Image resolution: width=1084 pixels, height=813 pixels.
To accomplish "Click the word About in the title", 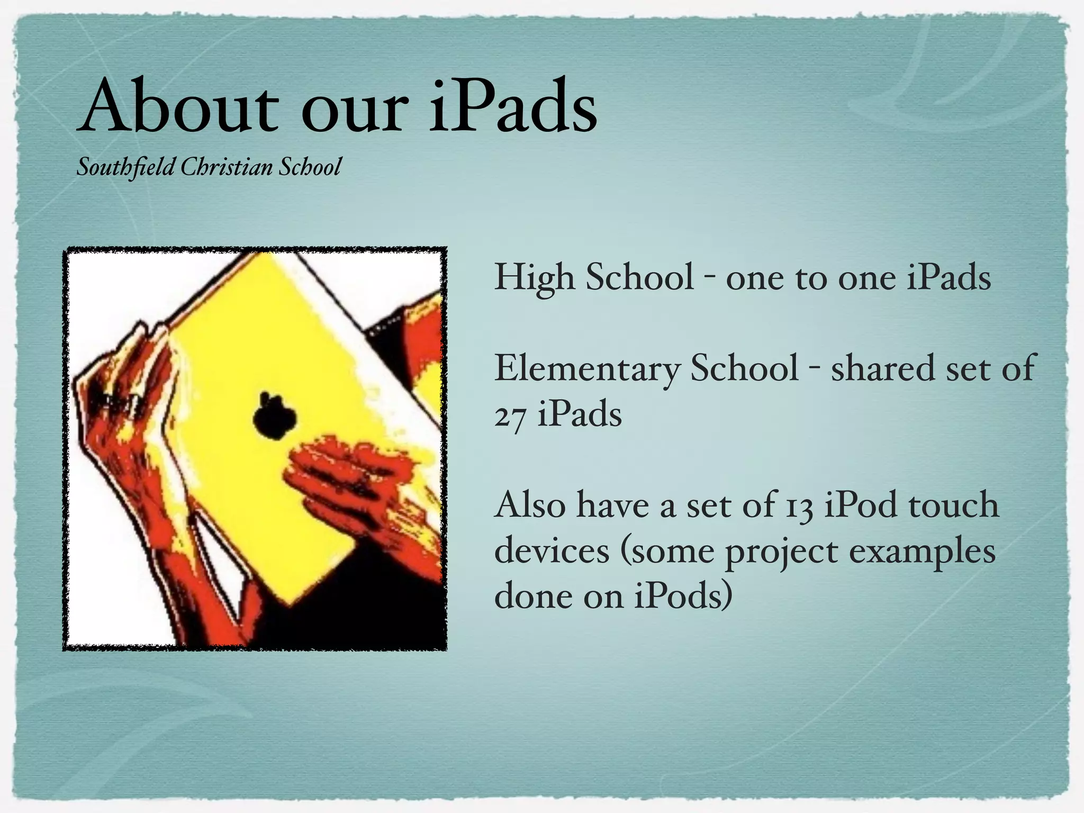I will [x=177, y=107].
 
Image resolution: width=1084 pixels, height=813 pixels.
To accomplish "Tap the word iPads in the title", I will [x=512, y=107].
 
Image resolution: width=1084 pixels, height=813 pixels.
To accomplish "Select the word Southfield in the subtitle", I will [x=126, y=168].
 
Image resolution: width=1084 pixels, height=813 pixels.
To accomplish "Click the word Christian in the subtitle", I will [x=227, y=168].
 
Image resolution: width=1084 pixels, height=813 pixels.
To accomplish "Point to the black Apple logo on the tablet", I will [x=273, y=416].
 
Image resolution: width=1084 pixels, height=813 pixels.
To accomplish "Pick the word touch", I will [x=953, y=505].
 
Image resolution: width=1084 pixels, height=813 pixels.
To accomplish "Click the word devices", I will [x=552, y=552].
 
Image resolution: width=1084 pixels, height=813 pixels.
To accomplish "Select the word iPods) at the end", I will [x=683, y=597].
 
